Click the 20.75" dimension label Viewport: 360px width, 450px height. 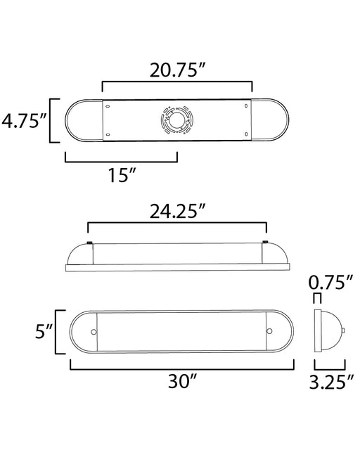178,70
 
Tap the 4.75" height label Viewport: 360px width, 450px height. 25,120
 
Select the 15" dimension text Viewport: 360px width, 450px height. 122,175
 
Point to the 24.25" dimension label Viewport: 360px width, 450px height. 178,211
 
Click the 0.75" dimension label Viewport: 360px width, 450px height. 330,283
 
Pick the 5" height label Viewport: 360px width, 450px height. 44,331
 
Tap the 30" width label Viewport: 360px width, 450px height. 182,381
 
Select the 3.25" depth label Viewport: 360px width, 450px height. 331,382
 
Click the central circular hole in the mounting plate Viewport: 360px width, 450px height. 176,120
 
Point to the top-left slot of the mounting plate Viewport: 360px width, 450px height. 108,106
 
